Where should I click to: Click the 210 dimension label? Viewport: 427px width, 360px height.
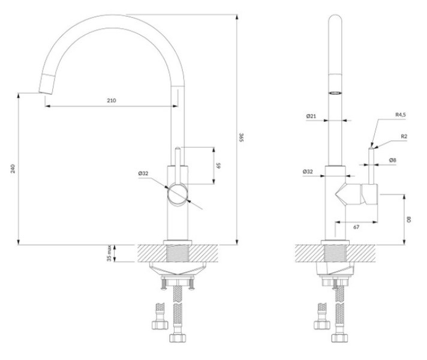112,101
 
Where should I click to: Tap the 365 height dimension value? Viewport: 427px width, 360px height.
241,137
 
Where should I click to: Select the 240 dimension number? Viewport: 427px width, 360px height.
13,169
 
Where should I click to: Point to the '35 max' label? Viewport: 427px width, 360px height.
109,253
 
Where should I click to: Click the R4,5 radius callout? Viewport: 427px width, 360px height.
401,115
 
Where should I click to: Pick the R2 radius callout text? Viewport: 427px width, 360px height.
404,136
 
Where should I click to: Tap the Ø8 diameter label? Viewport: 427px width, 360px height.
392,160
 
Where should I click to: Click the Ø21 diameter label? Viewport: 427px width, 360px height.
311,116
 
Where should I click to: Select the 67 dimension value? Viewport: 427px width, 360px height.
356,227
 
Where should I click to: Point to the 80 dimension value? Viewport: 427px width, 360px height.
409,219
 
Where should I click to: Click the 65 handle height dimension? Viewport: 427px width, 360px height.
218,166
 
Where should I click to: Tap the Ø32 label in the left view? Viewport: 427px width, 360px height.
143,173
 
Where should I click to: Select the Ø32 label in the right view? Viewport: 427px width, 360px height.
308,172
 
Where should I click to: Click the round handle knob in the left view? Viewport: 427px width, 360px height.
178,195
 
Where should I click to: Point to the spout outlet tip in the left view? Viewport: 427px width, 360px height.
46,92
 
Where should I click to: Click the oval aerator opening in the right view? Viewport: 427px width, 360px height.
335,93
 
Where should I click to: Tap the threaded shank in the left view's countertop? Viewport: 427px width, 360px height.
178,253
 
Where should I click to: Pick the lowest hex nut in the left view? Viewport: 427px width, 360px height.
178,338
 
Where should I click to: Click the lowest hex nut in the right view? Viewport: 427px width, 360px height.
339,338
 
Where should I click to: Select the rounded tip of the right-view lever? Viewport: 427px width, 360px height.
371,148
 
